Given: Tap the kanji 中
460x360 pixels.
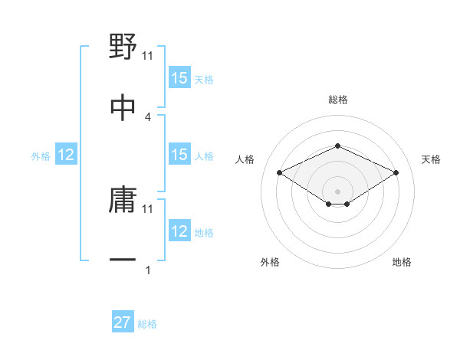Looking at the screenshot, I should click(123, 107).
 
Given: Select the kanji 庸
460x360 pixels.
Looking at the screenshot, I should click(123, 201).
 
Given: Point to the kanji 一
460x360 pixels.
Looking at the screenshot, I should click(123, 261).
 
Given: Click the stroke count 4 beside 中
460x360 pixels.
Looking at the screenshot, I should click(148, 116).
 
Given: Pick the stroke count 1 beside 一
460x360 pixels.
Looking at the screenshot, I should click(148, 270).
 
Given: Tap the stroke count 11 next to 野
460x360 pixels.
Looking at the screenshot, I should click(148, 56).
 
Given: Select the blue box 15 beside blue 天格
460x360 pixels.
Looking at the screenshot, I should click(179, 78).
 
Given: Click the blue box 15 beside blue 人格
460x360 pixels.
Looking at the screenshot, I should click(179, 155).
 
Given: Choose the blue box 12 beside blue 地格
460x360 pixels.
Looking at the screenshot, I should click(179, 232).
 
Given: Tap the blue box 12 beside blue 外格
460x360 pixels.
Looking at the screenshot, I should click(66, 155).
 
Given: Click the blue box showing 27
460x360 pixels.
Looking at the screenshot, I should click(123, 322).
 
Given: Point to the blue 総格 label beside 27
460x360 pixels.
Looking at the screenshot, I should click(147, 324).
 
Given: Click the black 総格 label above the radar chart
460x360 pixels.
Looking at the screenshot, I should click(337, 100).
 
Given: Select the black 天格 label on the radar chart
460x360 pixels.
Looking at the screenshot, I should click(432, 159).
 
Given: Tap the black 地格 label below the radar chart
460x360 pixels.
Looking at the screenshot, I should click(402, 262).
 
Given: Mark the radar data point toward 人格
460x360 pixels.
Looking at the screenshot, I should click(280, 172).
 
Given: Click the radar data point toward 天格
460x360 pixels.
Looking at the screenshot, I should click(396, 172).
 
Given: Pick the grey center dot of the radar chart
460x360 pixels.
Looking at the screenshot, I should click(337, 191).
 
